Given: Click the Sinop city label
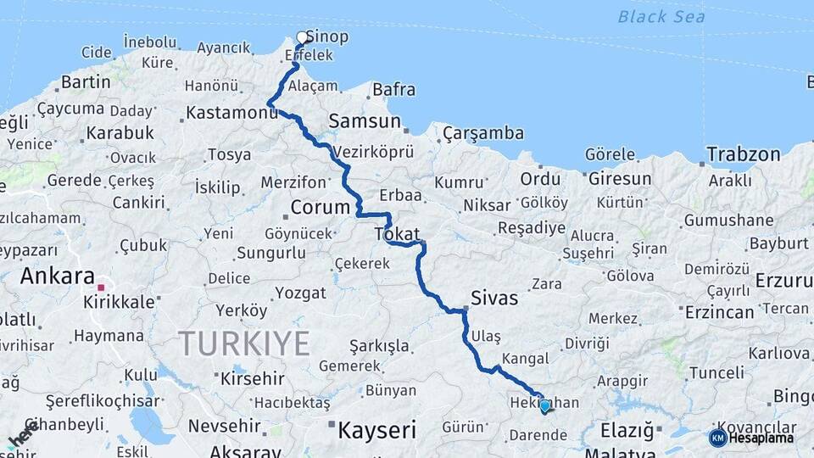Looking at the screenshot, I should pyautogui.click(x=326, y=37).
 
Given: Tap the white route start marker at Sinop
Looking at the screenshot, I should pyautogui.click(x=302, y=37).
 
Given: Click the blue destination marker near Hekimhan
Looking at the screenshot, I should pyautogui.click(x=544, y=406).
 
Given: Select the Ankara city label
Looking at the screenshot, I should pyautogui.click(x=57, y=276).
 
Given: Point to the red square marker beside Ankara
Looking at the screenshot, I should pyautogui.click(x=101, y=288).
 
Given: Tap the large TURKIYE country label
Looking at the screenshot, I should pyautogui.click(x=243, y=343).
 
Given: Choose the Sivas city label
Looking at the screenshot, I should pyautogui.click(x=494, y=299).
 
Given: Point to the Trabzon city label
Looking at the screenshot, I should pyautogui.click(x=744, y=154).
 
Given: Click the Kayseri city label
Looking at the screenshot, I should pyautogui.click(x=377, y=430).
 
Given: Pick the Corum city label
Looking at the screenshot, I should pyautogui.click(x=320, y=207).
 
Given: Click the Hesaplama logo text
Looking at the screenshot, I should pyautogui.click(x=766, y=438).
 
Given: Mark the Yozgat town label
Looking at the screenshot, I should pyautogui.click(x=300, y=293).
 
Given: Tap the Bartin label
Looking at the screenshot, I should pyautogui.click(x=86, y=82).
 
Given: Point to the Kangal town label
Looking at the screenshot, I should pyautogui.click(x=525, y=359).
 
